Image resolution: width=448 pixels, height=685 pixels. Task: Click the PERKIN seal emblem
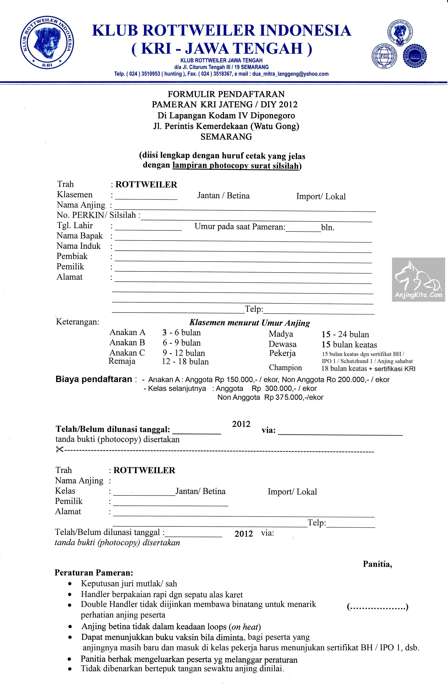415,56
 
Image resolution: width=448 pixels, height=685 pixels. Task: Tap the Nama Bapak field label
79,236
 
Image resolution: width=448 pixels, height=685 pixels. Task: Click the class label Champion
285,368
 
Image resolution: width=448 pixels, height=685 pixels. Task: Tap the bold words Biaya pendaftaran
94,379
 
